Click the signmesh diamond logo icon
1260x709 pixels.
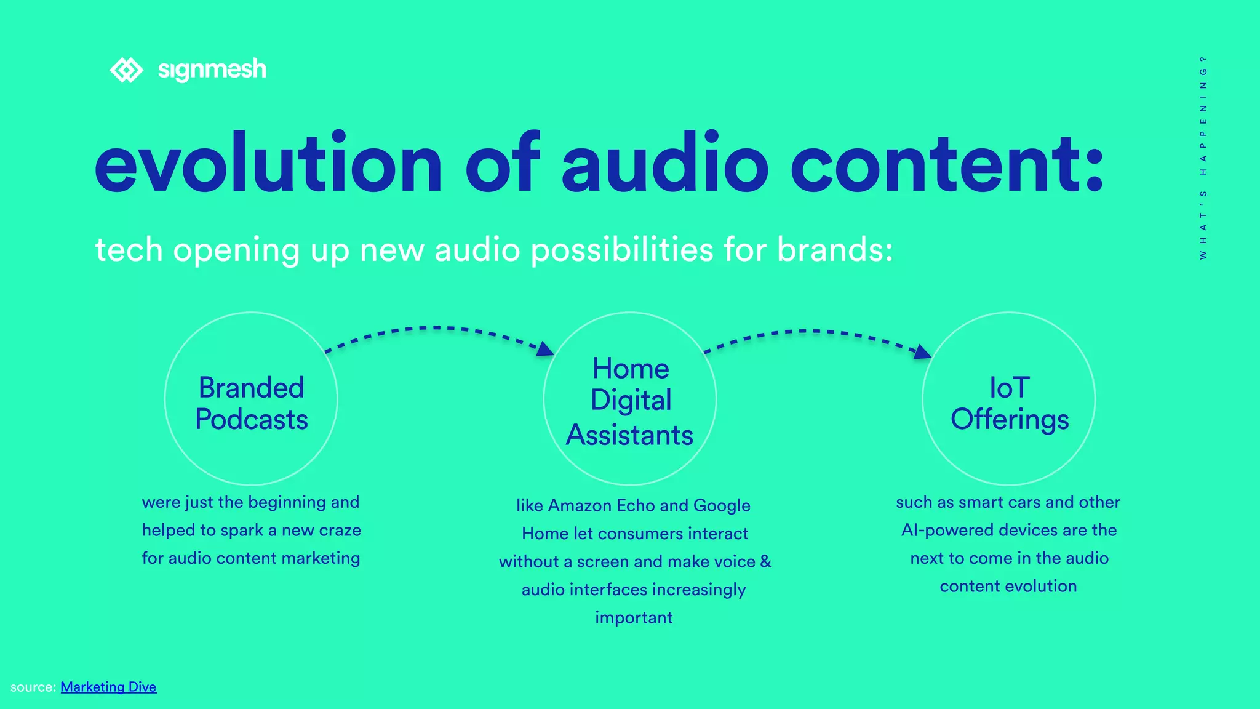pyautogui.click(x=126, y=70)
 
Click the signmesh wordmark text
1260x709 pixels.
pyautogui.click(x=212, y=70)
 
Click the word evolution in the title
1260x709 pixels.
pyautogui.click(x=268, y=164)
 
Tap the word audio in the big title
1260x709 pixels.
pyautogui.click(x=664, y=164)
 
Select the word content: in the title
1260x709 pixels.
pyautogui.click(x=947, y=164)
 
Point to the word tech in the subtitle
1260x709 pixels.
pyautogui.click(x=129, y=250)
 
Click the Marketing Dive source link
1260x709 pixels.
pyautogui.click(x=108, y=687)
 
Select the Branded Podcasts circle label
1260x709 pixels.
pyautogui.click(x=251, y=403)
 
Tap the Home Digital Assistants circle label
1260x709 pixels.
pyautogui.click(x=629, y=401)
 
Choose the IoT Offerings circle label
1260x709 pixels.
pyautogui.click(x=1009, y=403)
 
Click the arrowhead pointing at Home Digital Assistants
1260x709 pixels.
pyautogui.click(x=545, y=349)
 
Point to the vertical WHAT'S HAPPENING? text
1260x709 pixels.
pyautogui.click(x=1203, y=158)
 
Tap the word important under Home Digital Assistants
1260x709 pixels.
pyautogui.click(x=634, y=617)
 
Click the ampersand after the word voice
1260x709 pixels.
pyautogui.click(x=765, y=561)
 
